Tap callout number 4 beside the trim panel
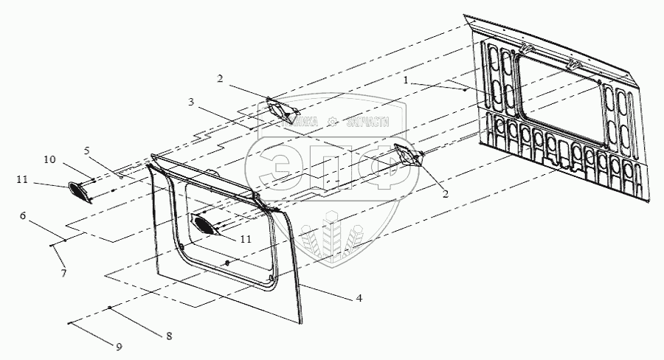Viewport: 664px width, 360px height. click(x=359, y=298)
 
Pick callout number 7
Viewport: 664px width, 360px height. click(x=64, y=274)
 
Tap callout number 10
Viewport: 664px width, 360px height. click(x=49, y=159)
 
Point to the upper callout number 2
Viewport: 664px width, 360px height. click(x=219, y=77)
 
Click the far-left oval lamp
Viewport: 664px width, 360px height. click(x=77, y=191)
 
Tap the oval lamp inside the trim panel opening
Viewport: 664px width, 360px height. click(x=204, y=224)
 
